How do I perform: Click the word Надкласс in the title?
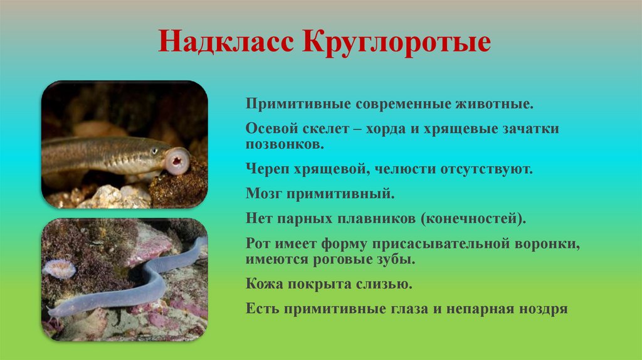point(226,43)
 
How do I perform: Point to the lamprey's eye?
point(154,151)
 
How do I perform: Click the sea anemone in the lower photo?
point(60,268)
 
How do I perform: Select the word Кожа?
point(264,284)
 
